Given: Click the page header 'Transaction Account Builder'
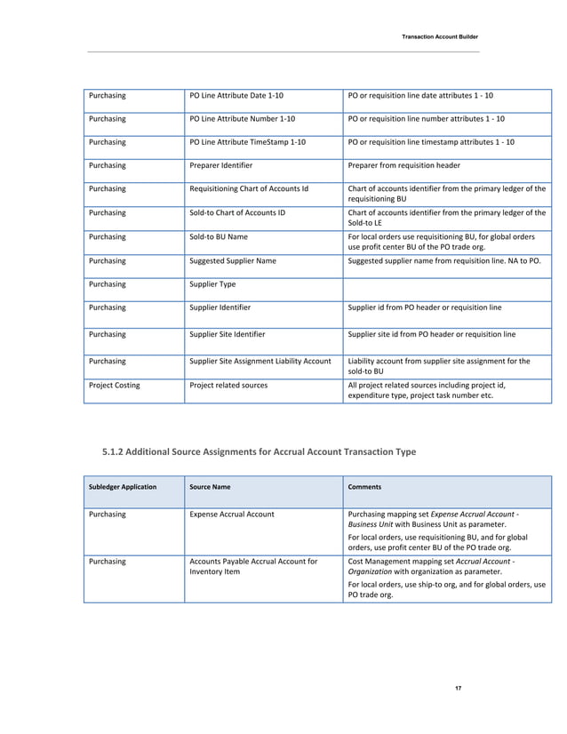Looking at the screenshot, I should tap(440, 36).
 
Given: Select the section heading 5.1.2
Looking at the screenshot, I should tap(259, 452).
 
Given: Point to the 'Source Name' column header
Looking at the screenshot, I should tap(210, 487).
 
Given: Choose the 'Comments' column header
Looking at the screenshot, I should tap(365, 487).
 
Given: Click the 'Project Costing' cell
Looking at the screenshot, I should tap(113, 387).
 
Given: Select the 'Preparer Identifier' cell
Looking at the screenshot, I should tap(221, 165).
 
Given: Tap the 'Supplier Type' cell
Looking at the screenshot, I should tap(212, 284).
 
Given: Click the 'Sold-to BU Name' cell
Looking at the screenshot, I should tap(219, 237).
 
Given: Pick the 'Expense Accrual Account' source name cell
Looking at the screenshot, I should tap(232, 514).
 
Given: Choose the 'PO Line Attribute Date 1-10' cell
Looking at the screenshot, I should tap(237, 94).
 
